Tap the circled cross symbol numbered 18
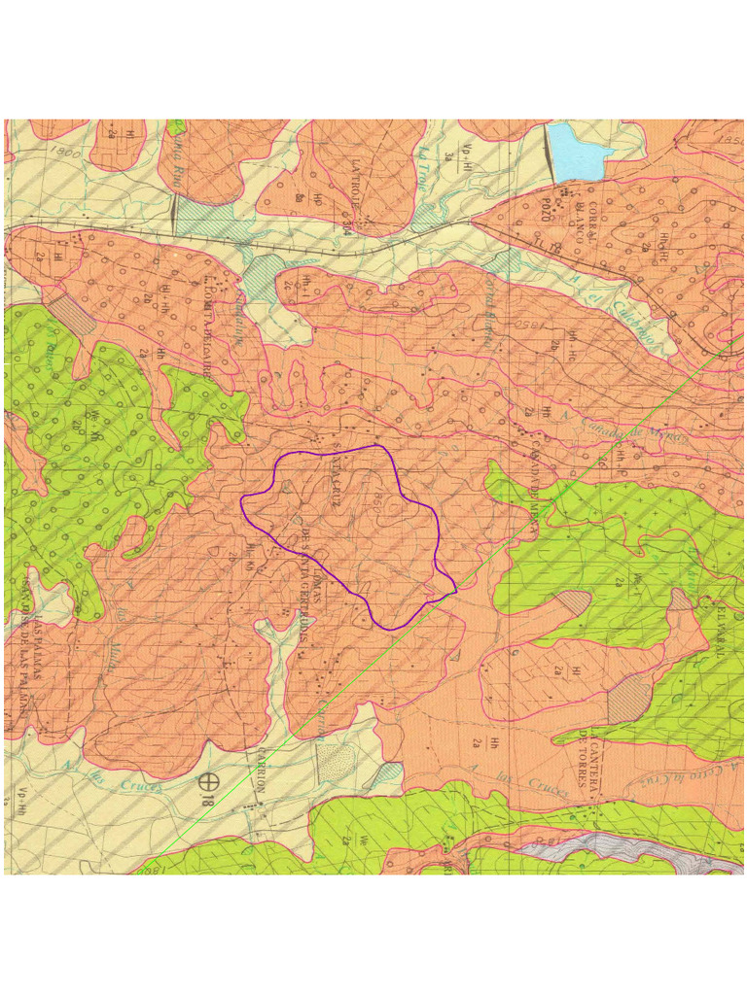[x=207, y=779]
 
